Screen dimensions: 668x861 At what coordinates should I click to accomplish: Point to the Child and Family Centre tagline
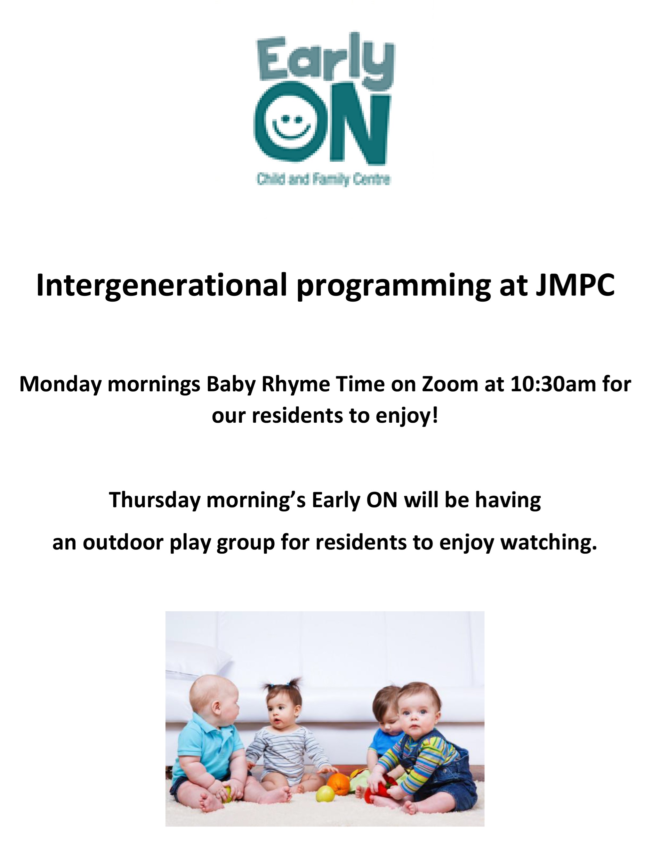(x=324, y=180)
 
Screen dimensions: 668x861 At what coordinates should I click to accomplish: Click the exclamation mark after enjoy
(x=435, y=416)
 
